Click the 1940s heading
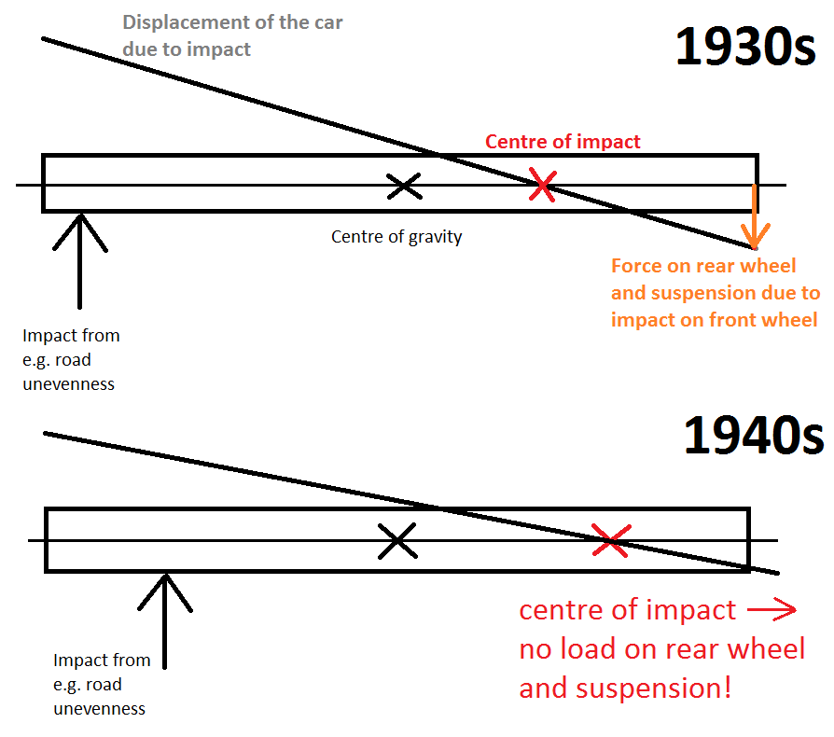point(754,434)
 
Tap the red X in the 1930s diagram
point(542,184)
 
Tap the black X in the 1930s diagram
point(404,185)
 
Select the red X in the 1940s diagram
point(611,540)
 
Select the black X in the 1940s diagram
point(397,540)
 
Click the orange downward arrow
point(756,229)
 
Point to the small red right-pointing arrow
point(771,611)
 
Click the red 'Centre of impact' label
point(563,142)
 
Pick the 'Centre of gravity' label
point(396,237)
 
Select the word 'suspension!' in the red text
point(671,689)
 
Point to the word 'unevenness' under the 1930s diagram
point(68,383)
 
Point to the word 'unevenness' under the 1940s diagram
point(99,708)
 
